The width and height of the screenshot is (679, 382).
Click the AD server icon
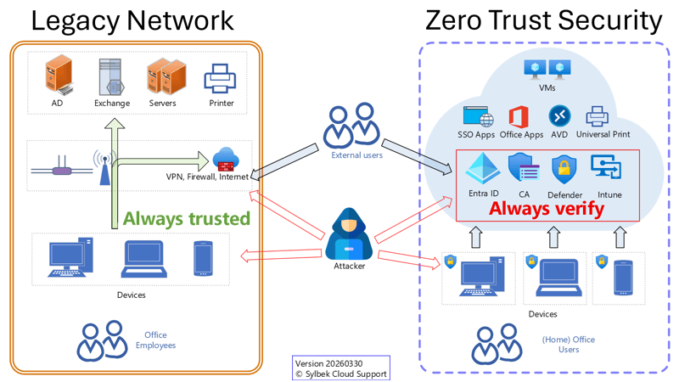pos(57,76)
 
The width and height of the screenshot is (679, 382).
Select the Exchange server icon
pos(112,76)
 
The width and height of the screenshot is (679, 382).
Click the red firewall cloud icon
pos(225,159)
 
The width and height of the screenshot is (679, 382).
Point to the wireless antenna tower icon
pos(104,167)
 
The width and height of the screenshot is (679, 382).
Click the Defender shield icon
pos(564,171)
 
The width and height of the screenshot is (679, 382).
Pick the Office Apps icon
pos(520,116)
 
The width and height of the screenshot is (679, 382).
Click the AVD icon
pos(559,115)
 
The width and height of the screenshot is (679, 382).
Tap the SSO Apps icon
pos(477,116)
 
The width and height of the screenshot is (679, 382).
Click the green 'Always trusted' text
pos(186,218)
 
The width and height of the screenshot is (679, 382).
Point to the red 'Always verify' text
pos(547,208)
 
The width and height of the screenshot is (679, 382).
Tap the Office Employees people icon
pos(101,340)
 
